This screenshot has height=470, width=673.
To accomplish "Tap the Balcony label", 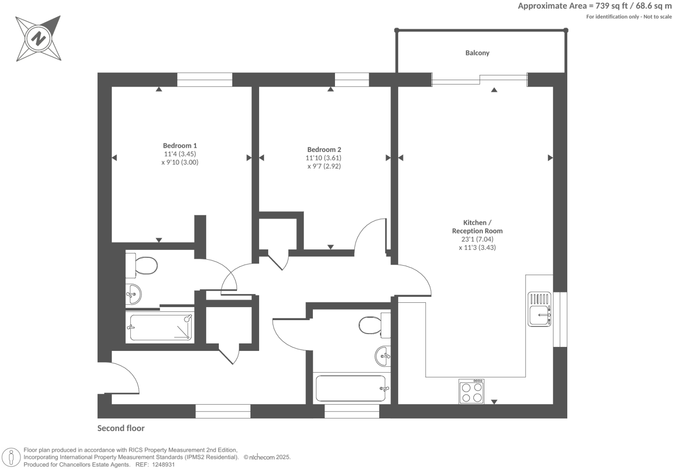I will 477,53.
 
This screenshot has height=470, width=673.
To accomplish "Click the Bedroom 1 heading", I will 180,146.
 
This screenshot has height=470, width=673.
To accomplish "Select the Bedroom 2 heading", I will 324,149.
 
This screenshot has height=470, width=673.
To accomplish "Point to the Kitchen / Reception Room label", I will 477,227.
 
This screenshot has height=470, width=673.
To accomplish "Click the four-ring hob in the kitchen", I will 471,392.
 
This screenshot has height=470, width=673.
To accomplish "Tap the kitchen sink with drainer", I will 539,309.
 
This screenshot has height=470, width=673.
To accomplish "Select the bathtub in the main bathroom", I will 351,389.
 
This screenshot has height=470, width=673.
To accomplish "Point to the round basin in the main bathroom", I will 383,356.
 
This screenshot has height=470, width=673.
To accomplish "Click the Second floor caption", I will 121,428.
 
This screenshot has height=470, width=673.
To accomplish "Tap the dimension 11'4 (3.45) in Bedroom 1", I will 180,154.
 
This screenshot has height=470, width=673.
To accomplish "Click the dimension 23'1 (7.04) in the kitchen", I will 477,239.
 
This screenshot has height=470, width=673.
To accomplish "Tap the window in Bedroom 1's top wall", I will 205,80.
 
